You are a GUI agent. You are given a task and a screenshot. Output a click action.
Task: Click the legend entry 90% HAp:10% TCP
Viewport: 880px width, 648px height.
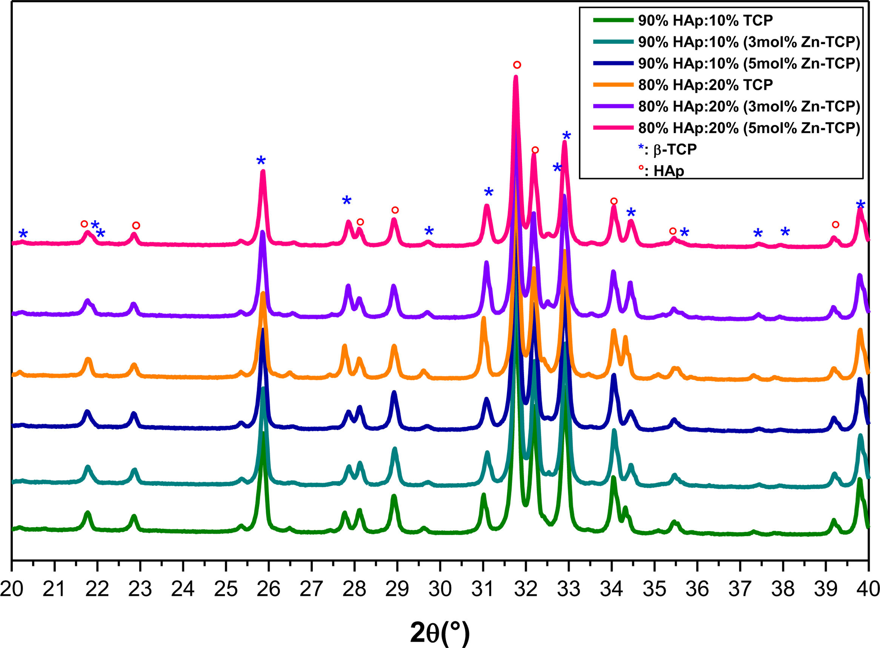(x=705, y=20)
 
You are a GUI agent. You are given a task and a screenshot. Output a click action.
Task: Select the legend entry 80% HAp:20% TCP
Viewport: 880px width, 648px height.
(x=705, y=84)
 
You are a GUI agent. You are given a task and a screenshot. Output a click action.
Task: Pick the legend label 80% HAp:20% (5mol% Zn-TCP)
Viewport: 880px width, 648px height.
(x=749, y=128)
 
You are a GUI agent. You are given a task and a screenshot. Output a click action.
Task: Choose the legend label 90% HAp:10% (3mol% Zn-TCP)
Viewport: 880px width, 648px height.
(x=749, y=42)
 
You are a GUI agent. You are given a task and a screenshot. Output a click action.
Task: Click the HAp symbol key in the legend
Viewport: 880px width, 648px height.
(x=662, y=170)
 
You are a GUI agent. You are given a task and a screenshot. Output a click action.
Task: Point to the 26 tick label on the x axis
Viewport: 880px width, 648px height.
(x=268, y=590)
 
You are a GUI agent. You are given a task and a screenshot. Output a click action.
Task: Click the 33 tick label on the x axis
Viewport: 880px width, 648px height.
(x=568, y=590)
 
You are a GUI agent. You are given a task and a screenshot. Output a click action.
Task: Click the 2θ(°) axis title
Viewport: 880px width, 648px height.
(x=439, y=633)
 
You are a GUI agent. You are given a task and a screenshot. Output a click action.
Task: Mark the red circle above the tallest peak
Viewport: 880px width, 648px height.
(x=517, y=65)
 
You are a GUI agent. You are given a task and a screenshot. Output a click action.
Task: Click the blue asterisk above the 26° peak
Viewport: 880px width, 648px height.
(x=261, y=160)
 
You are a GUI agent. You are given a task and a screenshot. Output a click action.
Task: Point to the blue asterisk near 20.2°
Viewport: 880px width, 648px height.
(x=23, y=233)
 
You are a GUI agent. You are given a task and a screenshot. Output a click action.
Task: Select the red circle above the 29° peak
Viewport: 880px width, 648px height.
(x=395, y=210)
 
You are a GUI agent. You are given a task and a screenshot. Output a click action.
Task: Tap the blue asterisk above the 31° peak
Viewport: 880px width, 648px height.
(x=488, y=192)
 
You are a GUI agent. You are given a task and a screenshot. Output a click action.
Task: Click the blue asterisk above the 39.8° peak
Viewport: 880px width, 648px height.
(x=860, y=204)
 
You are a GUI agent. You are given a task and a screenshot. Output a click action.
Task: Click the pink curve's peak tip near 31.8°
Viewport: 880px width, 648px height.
(x=516, y=77)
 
